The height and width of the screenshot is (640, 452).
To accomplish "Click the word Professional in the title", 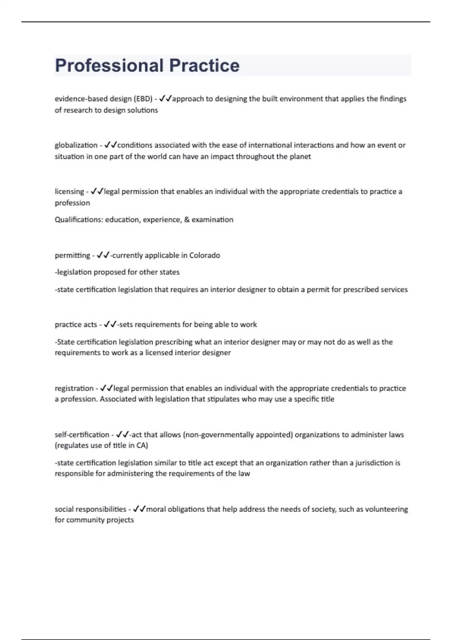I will [x=109, y=66].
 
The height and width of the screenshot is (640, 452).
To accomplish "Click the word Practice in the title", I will [x=204, y=66].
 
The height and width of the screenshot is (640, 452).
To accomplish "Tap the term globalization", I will [x=76, y=145].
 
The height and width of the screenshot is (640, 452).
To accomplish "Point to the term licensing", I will [x=69, y=192].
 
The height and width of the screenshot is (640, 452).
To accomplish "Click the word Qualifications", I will [x=78, y=220].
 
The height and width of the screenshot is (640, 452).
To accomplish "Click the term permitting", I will [x=72, y=256].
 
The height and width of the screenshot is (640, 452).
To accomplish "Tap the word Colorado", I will [x=205, y=256].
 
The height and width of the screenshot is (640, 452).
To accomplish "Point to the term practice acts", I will [x=76, y=325].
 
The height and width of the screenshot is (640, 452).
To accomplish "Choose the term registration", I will [x=74, y=389].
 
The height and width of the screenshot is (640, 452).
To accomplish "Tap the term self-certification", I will [x=82, y=435].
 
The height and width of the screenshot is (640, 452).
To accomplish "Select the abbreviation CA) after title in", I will [x=142, y=445].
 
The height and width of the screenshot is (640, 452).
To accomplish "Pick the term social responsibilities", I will [x=90, y=509].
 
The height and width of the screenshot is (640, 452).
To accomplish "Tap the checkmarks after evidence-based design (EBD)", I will [x=165, y=99].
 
